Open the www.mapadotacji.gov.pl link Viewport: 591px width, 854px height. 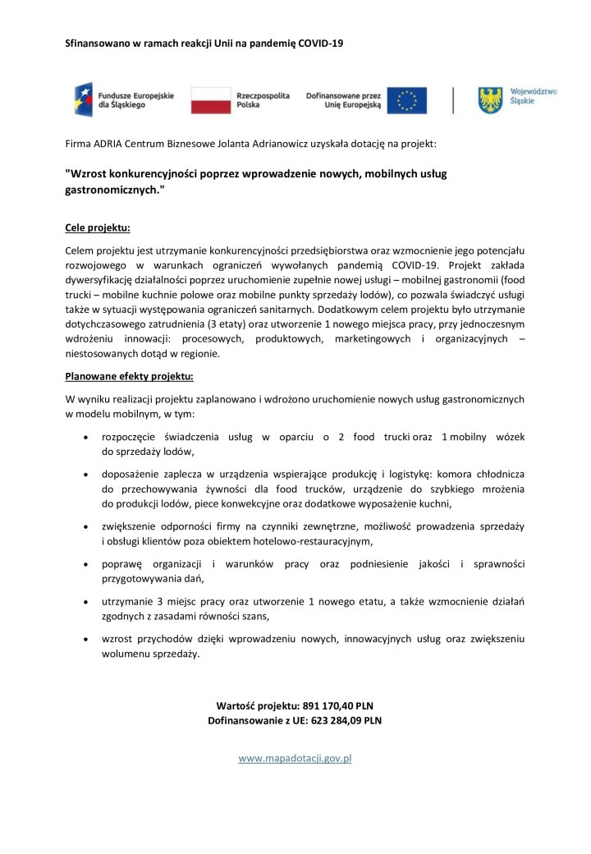pyautogui.click(x=295, y=758)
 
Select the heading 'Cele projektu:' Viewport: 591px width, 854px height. pyautogui.click(x=98, y=227)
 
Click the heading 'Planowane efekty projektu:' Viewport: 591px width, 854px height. pyautogui.click(x=129, y=378)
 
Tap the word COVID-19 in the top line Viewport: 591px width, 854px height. pyautogui.click(x=321, y=42)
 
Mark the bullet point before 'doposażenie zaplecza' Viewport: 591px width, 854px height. pyautogui.click(x=86, y=475)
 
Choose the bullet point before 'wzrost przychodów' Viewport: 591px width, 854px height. pyautogui.click(x=86, y=638)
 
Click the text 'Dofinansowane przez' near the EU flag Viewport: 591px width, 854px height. pyautogui.click(x=343, y=96)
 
